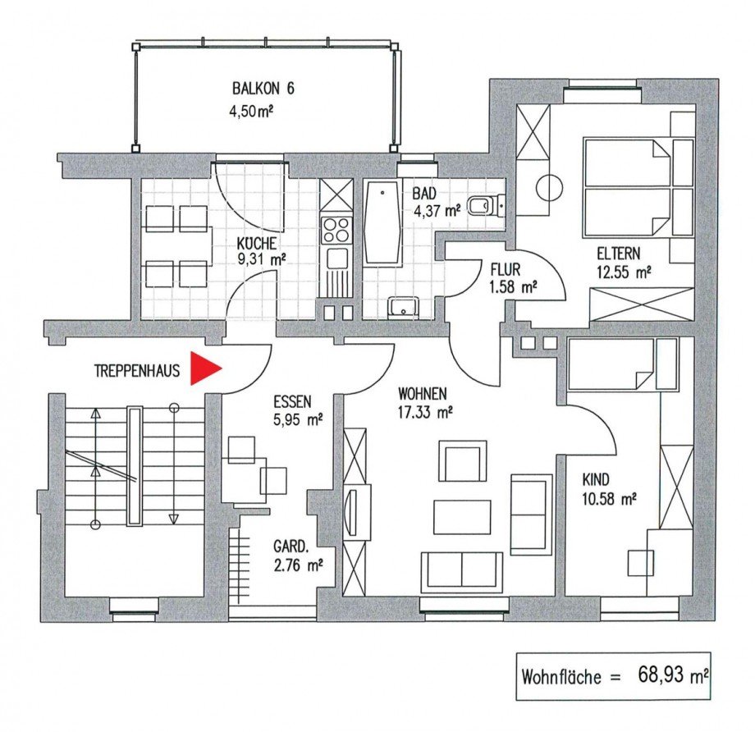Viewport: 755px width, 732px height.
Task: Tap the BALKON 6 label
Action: pyautogui.click(x=263, y=89)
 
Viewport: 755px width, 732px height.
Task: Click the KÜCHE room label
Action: pyautogui.click(x=257, y=244)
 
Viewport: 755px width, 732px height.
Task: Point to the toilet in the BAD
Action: pyautogui.click(x=483, y=204)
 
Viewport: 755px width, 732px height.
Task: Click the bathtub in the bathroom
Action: pyautogui.click(x=383, y=223)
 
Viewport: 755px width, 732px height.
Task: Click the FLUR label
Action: pyautogui.click(x=506, y=270)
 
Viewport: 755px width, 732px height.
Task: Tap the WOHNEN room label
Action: pyautogui.click(x=423, y=392)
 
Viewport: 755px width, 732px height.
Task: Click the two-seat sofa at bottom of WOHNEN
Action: pyautogui.click(x=462, y=571)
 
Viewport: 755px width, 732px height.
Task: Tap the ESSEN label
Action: pyautogui.click(x=292, y=401)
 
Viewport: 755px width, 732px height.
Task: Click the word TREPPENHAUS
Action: pyautogui.click(x=136, y=371)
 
